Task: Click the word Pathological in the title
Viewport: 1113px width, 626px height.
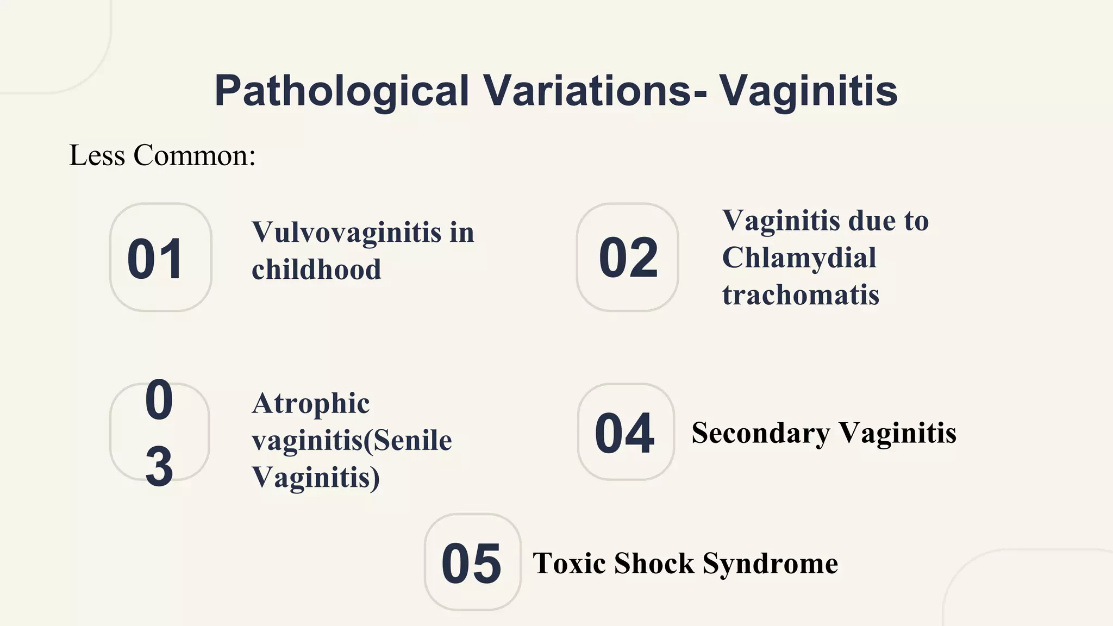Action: pos(341,91)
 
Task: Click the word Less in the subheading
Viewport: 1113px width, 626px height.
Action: pos(97,155)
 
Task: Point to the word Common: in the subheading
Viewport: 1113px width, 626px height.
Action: pos(195,155)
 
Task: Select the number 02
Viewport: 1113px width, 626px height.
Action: pos(628,258)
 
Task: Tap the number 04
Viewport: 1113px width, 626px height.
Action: pos(624,433)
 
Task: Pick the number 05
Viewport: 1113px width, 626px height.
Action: pos(471,564)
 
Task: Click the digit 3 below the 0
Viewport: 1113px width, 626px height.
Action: pos(159,466)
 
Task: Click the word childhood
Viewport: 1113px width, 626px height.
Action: pos(316,270)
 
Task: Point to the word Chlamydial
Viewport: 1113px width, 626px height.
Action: pos(799,258)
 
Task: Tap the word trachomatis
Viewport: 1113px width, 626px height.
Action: pos(801,295)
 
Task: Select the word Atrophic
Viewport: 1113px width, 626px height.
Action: pos(310,404)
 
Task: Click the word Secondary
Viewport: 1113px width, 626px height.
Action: pos(760,433)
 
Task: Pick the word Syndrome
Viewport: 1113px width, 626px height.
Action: pos(770,564)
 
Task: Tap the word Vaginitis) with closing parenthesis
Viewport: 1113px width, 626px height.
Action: pos(316,478)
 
